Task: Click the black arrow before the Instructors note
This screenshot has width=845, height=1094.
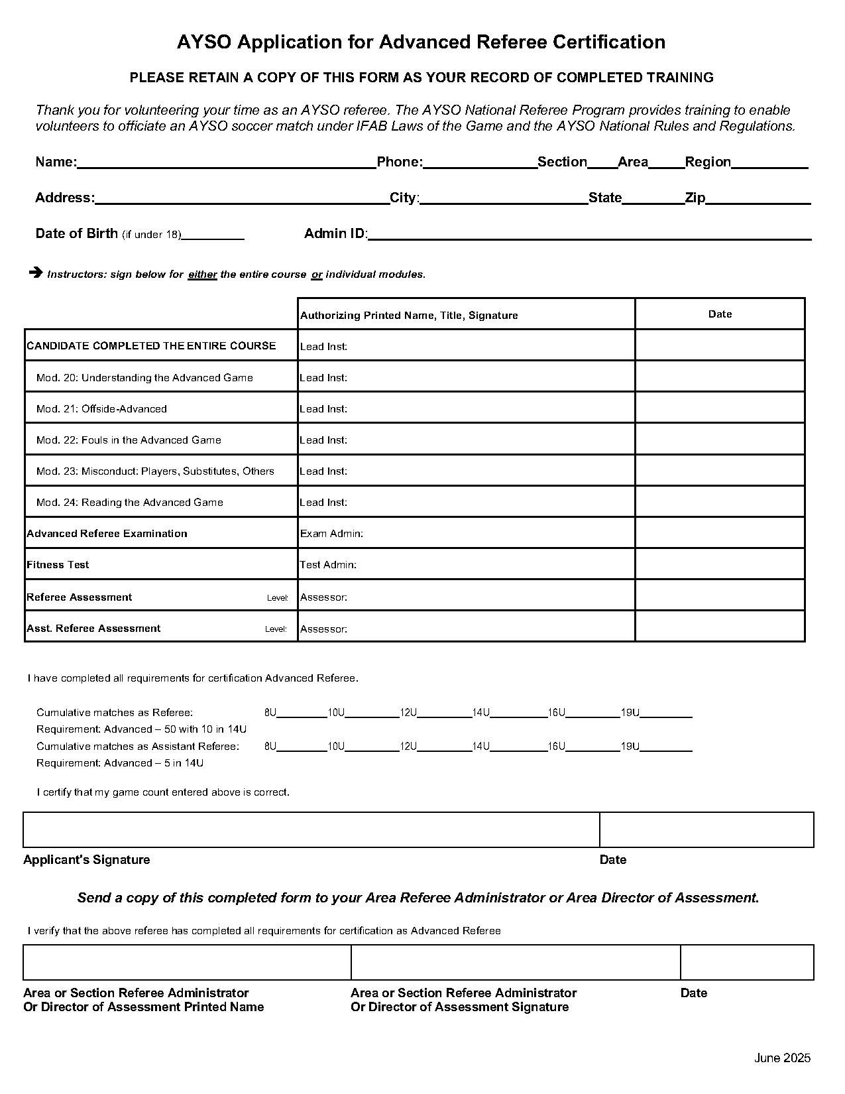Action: point(36,272)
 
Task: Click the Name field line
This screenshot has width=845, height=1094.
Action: point(227,163)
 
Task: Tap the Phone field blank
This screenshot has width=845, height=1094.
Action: point(480,163)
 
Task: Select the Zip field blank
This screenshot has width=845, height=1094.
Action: point(758,199)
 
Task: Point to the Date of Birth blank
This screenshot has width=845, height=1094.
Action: point(213,234)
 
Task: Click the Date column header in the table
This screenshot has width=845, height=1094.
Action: point(720,314)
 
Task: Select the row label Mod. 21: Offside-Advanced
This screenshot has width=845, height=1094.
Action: point(101,409)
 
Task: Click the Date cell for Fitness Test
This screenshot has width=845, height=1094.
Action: point(720,564)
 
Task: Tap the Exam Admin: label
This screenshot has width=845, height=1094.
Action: point(331,534)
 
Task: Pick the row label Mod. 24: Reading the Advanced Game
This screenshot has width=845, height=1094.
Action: point(129,503)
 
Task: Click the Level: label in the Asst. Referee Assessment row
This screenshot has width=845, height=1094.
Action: point(276,629)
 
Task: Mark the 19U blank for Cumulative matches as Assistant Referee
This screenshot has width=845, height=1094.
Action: point(666,747)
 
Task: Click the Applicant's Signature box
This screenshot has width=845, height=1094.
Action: point(311,829)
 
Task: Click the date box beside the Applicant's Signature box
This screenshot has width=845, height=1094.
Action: point(706,829)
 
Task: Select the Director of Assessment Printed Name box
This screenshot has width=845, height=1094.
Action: point(187,962)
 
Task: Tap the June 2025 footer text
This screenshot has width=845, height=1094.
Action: point(782,1058)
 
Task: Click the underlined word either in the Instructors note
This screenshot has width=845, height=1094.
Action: point(202,274)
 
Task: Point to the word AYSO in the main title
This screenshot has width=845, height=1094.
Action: point(204,42)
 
